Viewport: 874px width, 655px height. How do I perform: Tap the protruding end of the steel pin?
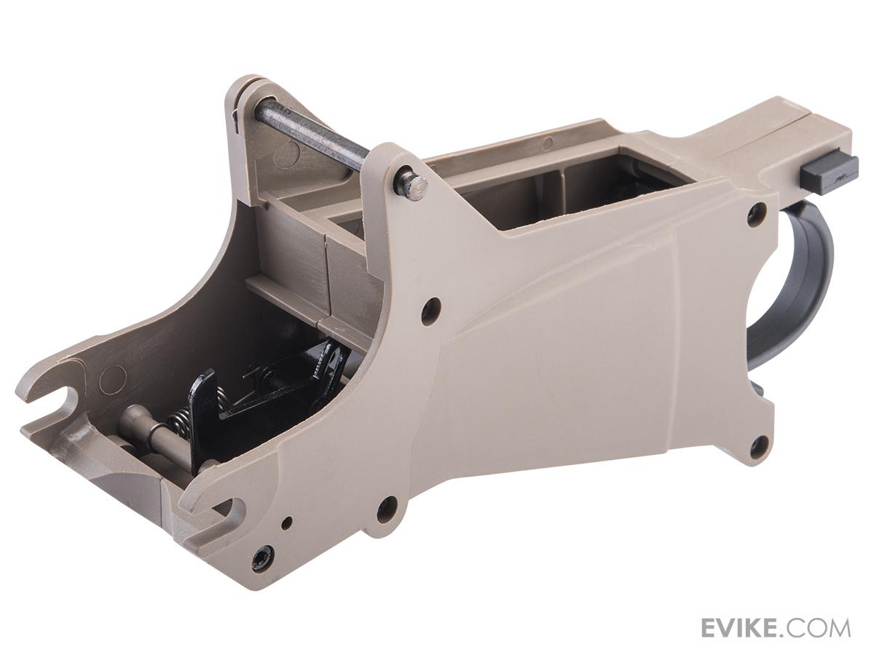coord(414,185)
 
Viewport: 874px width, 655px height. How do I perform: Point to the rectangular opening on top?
coord(565,187)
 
